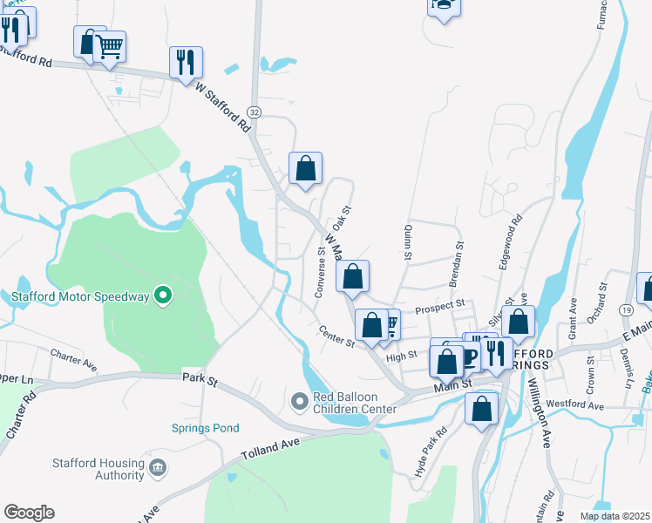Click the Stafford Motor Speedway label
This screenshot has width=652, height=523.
(x=80, y=297)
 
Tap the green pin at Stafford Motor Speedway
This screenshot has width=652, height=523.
(x=161, y=296)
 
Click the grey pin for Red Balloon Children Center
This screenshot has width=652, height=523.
(x=300, y=400)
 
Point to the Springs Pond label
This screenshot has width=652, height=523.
(x=205, y=428)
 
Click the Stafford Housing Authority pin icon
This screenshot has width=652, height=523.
(x=158, y=468)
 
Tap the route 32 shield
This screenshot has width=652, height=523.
(x=254, y=112)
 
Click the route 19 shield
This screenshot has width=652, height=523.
(x=627, y=310)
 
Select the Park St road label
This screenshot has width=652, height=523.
(x=199, y=377)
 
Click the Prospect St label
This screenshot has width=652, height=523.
(x=440, y=307)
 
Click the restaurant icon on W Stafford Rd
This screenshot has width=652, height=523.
(x=186, y=62)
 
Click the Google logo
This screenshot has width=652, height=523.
(x=29, y=513)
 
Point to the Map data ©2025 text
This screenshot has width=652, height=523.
(x=615, y=515)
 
